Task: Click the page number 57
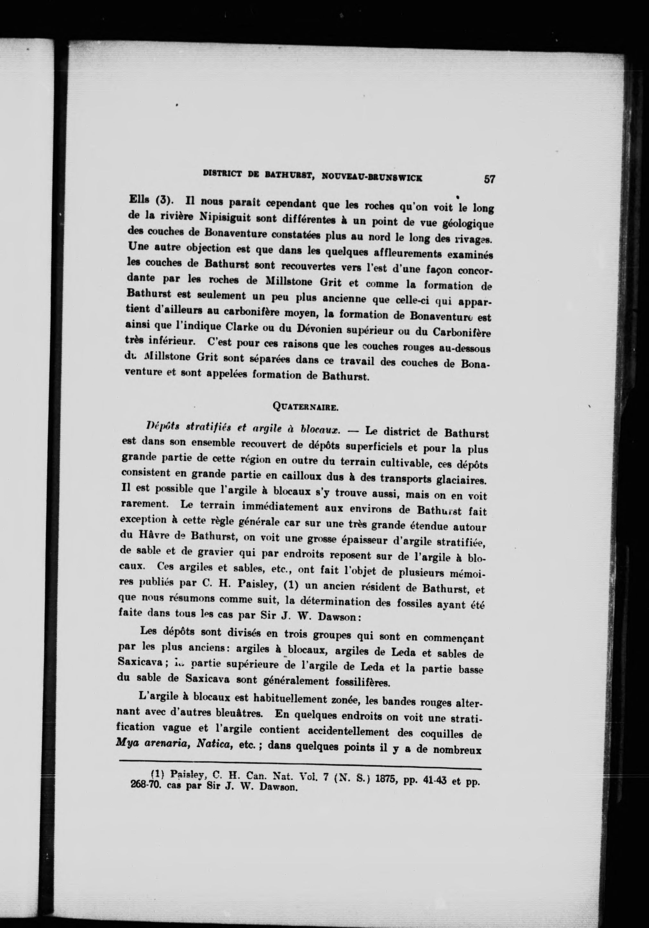tap(489, 179)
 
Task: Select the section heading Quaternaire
tap(305, 407)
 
